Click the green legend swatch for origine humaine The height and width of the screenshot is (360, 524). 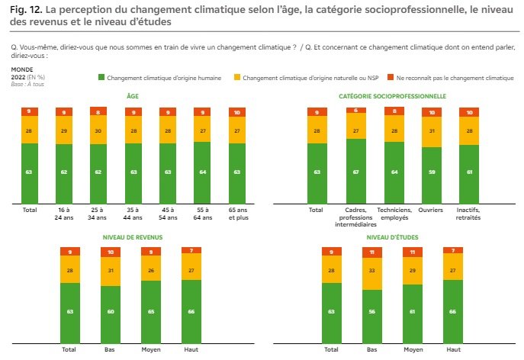pyautogui.click(x=101, y=78)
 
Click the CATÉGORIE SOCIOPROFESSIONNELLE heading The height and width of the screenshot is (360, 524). pyautogui.click(x=392, y=96)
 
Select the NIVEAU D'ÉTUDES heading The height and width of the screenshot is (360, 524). pyautogui.click(x=392, y=236)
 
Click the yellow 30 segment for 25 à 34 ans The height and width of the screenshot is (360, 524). pyautogui.click(x=99, y=130)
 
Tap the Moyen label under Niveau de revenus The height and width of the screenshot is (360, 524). pyautogui.click(x=150, y=350)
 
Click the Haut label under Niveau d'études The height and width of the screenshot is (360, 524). pyautogui.click(x=453, y=350)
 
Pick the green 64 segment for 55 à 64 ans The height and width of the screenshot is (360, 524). pyautogui.click(x=202, y=172)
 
